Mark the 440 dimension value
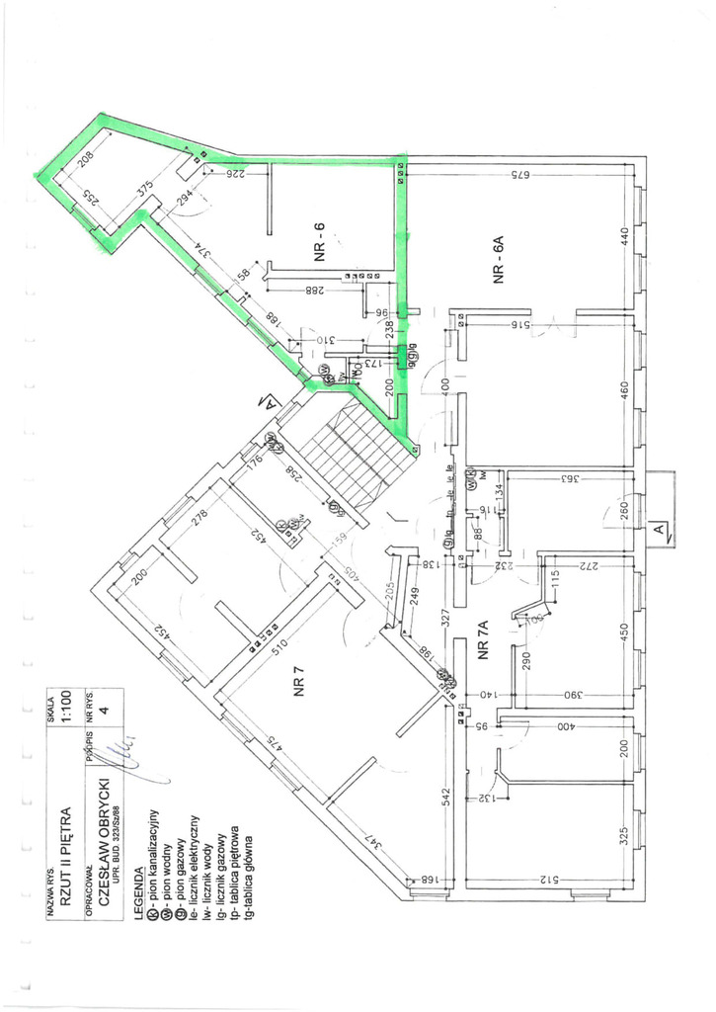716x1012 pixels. [623, 237]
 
